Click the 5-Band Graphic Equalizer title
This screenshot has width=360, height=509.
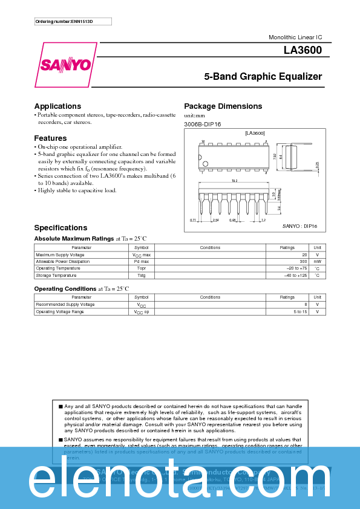[263, 77]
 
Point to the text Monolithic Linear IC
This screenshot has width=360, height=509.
[295, 37]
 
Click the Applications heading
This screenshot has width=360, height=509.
[57, 106]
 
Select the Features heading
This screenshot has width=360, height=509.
[50, 138]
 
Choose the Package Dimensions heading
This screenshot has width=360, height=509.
[223, 106]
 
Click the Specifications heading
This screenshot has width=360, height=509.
[61, 228]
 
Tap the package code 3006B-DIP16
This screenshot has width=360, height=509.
[202, 124]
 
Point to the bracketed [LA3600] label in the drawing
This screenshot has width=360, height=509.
[255, 133]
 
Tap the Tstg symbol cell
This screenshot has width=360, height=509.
[141, 275]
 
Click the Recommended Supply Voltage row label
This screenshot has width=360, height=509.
[65, 304]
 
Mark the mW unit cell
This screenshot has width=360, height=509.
[317, 261]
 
